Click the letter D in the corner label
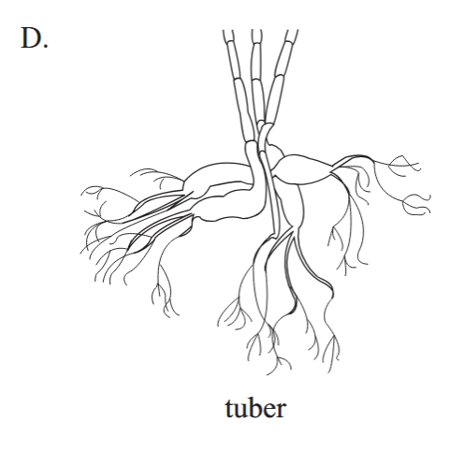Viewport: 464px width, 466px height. (31, 37)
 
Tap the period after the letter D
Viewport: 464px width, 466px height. (46, 46)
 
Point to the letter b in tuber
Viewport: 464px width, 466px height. (253, 406)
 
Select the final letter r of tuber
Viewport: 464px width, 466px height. (280, 411)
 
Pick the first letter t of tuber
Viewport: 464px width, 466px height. (229, 409)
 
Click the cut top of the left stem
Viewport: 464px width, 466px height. (228, 31)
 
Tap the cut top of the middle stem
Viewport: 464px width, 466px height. (256, 31)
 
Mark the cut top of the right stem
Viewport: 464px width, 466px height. (292, 31)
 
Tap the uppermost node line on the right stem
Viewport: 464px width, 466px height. (290, 42)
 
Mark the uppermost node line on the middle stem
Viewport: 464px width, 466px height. (256, 44)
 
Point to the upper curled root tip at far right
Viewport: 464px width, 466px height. (405, 162)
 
